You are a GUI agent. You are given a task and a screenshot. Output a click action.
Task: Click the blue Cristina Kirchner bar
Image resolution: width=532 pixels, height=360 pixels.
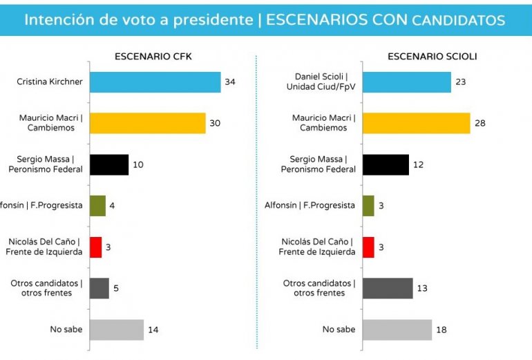pos(155,82)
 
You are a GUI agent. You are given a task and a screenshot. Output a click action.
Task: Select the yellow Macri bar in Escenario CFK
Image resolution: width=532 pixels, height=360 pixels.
pos(147,123)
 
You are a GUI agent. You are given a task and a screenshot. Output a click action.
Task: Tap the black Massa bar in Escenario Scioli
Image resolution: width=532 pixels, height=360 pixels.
pos(385,164)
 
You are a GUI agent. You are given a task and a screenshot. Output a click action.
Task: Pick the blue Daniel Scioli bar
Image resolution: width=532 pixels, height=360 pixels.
pos(406,82)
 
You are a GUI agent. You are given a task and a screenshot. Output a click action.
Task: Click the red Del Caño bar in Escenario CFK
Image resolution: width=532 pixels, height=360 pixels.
pos(95,247)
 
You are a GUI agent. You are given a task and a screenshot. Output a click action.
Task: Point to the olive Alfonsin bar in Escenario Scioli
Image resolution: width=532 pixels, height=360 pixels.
pos(368,205)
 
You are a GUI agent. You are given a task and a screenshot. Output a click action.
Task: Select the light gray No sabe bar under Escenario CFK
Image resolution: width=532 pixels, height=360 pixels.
pos(116,330)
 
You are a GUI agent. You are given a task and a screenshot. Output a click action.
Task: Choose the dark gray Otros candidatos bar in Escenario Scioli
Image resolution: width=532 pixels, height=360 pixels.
pos(387,288)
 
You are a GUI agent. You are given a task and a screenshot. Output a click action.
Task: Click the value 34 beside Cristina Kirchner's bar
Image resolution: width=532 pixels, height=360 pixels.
pos(231,82)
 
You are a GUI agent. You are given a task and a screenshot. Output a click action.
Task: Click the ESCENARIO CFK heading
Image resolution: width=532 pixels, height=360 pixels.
pos(153,57)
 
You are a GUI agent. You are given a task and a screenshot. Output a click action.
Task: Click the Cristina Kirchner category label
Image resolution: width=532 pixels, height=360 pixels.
pos(50,82)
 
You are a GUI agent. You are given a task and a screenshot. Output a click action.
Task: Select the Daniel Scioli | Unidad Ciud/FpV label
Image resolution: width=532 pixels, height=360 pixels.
pos(321,82)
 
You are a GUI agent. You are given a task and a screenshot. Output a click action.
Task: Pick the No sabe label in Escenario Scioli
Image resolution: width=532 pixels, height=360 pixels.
pos(339,330)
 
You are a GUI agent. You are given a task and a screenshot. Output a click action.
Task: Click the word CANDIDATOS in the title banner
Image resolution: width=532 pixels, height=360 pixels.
pos(458,20)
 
